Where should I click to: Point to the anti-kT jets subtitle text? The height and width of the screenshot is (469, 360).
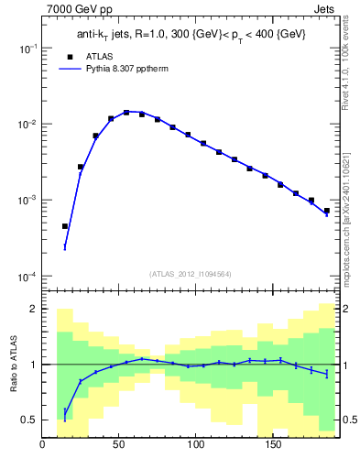[191, 34]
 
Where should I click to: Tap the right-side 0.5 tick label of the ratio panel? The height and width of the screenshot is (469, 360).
[348, 420]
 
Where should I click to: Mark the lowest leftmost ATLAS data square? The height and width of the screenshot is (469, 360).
[65, 226]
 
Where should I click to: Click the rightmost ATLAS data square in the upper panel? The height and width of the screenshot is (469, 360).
[326, 211]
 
